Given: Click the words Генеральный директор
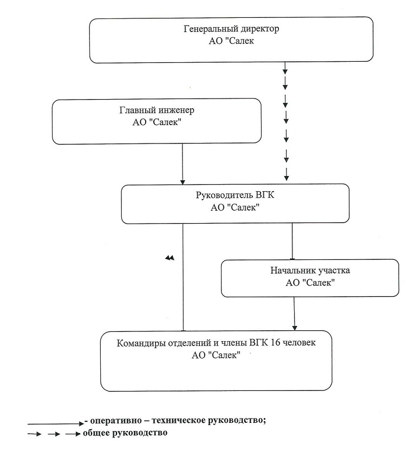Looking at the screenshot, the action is point(231,29).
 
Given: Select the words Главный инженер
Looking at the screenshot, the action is point(157,110).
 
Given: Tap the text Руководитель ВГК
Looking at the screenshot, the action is point(235,195).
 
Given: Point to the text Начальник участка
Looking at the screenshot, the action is point(310,271).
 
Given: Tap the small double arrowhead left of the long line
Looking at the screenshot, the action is point(170,258).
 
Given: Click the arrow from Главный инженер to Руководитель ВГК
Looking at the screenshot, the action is point(183,164).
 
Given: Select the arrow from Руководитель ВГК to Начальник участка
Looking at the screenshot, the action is point(292,241).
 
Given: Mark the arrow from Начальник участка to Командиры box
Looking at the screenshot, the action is point(294,314).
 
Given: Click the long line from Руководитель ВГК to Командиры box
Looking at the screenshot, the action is point(183,277).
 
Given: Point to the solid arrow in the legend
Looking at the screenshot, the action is point(56,423).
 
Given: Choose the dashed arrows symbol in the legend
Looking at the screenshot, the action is point(54,434).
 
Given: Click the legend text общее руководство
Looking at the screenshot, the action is point(125,433).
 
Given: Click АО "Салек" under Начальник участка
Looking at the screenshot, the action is point(310,283).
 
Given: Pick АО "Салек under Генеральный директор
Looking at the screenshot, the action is point(231,41).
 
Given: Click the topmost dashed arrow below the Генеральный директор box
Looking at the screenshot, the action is point(285,68).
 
